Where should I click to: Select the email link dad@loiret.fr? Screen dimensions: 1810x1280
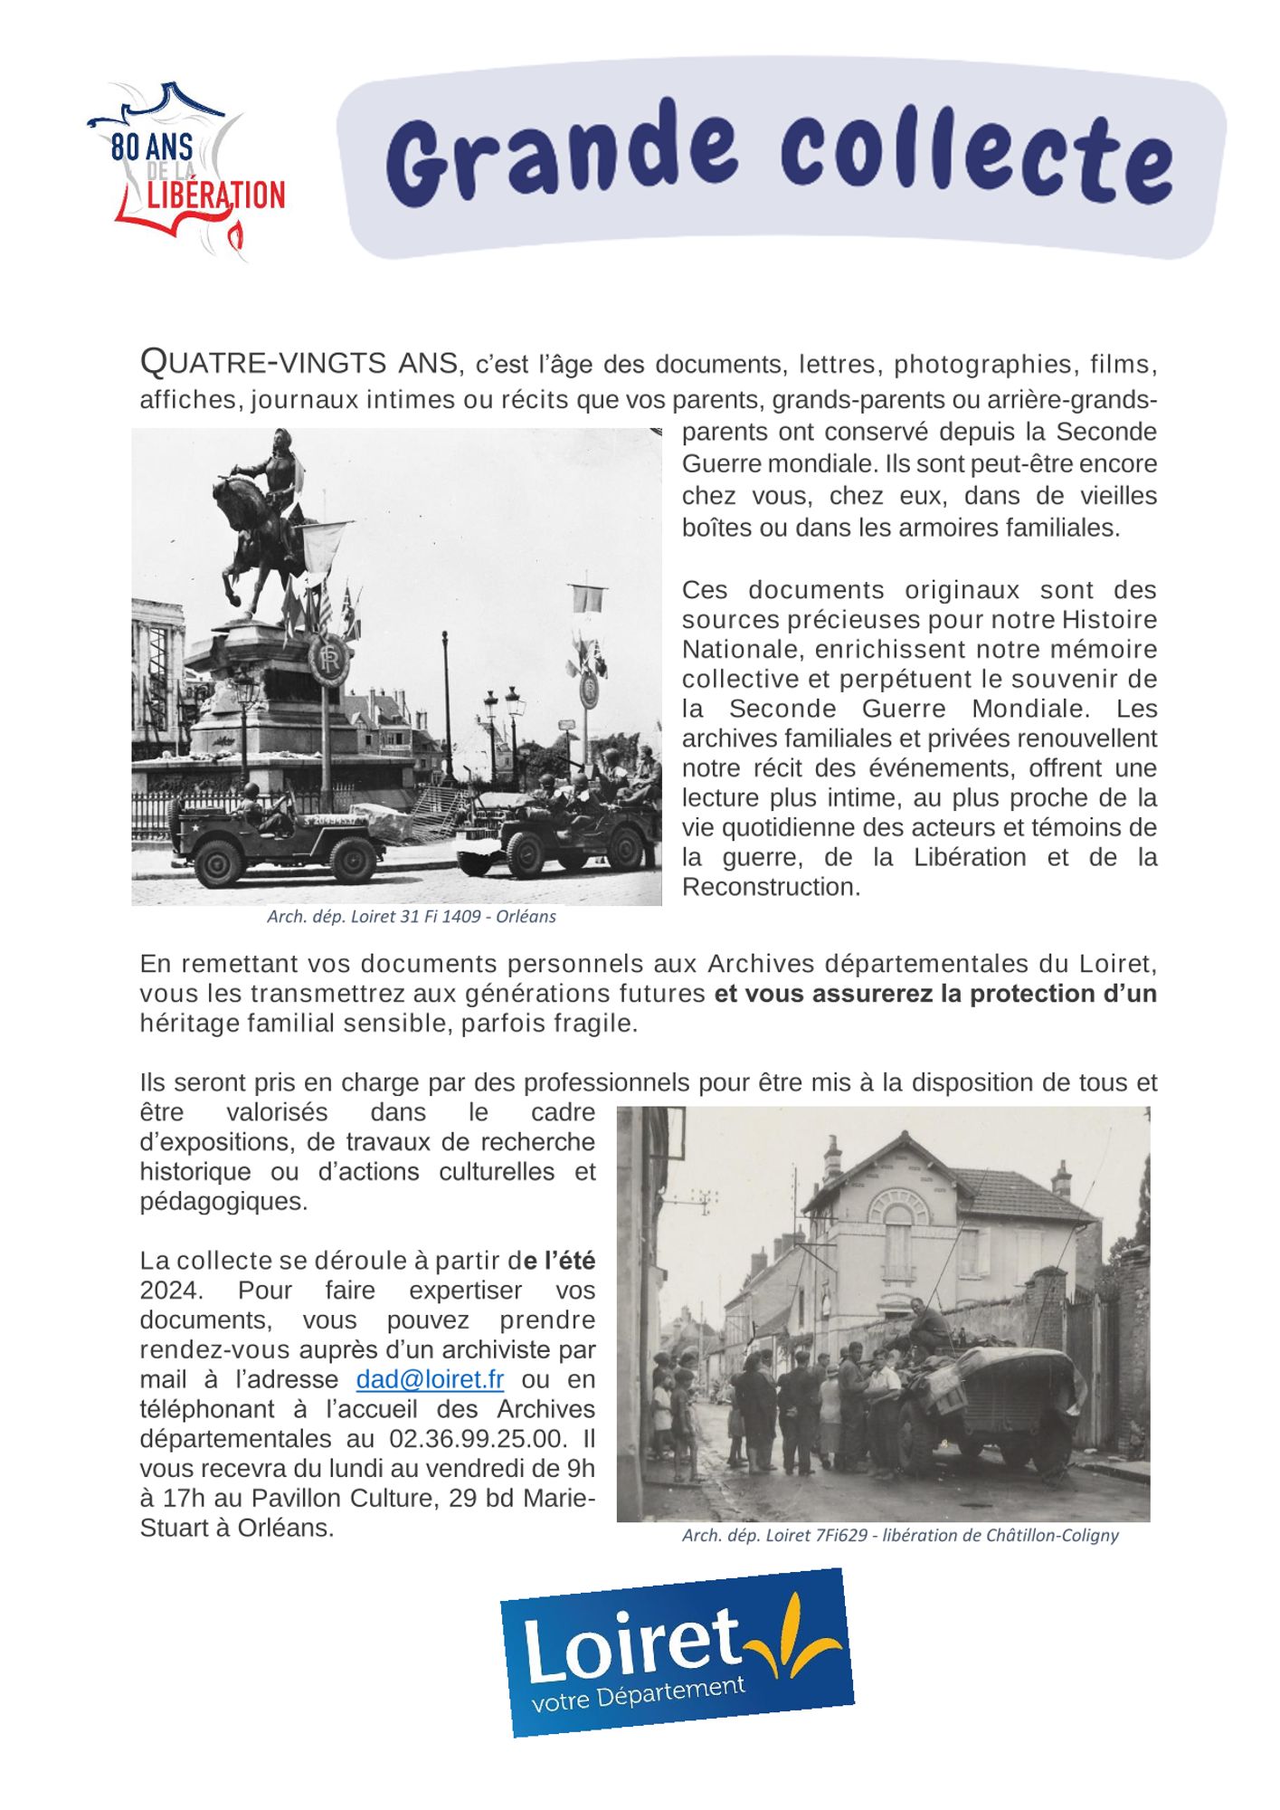(430, 1379)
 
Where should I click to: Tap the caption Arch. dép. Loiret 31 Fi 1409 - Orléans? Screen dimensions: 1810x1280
(411, 916)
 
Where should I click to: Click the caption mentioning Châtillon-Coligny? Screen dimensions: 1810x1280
(900, 1536)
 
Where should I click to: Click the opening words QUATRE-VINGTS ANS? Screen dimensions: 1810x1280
(299, 363)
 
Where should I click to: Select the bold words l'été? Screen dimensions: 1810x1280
(568, 1261)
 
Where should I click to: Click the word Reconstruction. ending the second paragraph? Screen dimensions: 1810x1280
(771, 887)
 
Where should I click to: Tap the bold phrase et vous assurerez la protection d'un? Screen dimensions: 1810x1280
(934, 994)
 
